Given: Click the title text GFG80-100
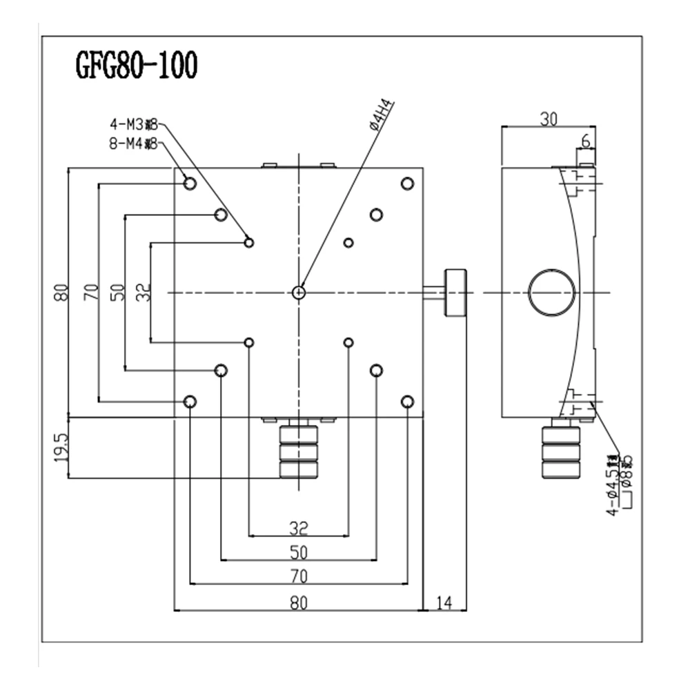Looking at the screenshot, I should [x=136, y=66].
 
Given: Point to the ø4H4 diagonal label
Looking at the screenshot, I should [x=381, y=115].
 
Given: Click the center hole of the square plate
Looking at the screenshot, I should [x=299, y=293].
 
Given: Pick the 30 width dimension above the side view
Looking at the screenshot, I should [x=548, y=119].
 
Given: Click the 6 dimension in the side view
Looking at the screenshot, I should [x=586, y=141].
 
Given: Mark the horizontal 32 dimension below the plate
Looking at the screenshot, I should [x=298, y=529].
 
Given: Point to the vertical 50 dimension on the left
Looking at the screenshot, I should [x=117, y=293].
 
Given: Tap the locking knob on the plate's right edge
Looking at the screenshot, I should [x=455, y=293].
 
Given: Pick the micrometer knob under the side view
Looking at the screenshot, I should [x=561, y=453].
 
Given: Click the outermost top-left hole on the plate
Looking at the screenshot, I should [x=190, y=184].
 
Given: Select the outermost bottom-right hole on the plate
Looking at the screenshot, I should [x=407, y=402].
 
